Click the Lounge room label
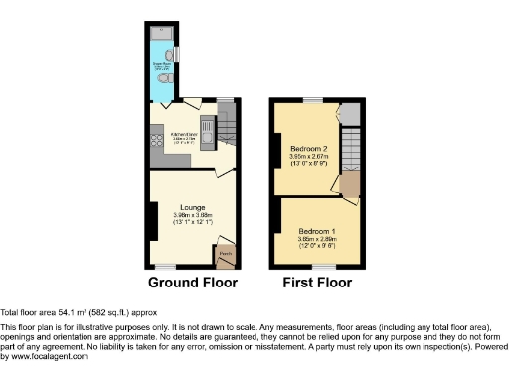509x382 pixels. click(193, 206)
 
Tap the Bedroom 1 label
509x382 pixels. click(318, 230)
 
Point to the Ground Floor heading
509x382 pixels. click(193, 283)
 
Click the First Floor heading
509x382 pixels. click(318, 283)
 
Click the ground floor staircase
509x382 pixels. click(226, 127)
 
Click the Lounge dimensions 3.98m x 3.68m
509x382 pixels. click(193, 215)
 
